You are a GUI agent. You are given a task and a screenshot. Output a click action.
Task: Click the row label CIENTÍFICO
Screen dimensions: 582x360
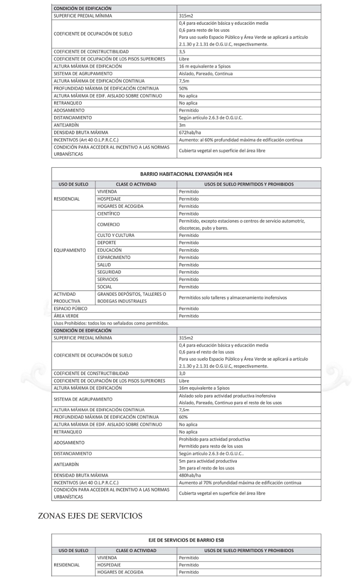pyautogui.click(x=109, y=213)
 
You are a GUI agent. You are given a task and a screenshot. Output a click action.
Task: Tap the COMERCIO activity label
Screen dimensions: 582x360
pyautogui.click(x=109, y=224)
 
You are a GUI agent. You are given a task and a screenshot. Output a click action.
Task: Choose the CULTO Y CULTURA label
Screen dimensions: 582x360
pyautogui.click(x=116, y=235)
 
